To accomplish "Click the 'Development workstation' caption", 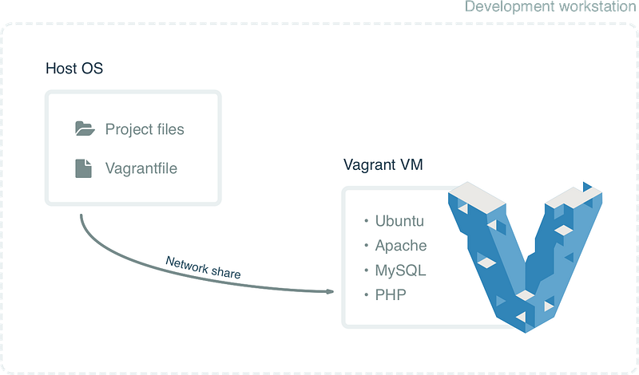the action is pyautogui.click(x=550, y=6).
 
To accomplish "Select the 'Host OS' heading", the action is pyautogui.click(x=74, y=69).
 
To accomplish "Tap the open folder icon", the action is pyautogui.click(x=85, y=128).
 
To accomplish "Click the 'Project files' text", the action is pyautogui.click(x=145, y=129).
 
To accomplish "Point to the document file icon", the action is pyautogui.click(x=84, y=168).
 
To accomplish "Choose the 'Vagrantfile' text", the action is pyautogui.click(x=141, y=168).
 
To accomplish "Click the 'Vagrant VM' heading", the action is pyautogui.click(x=383, y=165).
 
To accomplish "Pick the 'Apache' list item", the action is pyautogui.click(x=401, y=246).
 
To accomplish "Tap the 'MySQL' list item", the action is pyautogui.click(x=401, y=270).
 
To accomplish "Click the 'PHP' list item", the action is pyautogui.click(x=391, y=294).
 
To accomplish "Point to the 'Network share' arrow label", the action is pyautogui.click(x=203, y=267).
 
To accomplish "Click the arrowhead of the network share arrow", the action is pyautogui.click(x=330, y=291).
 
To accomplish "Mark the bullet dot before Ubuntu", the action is pyautogui.click(x=367, y=221).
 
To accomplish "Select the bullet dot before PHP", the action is pyautogui.click(x=367, y=294).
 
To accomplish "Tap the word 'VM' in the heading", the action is pyautogui.click(x=411, y=165).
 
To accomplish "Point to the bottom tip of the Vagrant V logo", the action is pyautogui.click(x=526, y=333).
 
